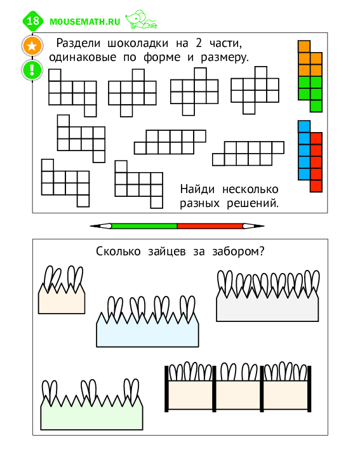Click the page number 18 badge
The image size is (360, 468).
pyautogui.click(x=33, y=21)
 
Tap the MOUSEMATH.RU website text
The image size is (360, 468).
pyautogui.click(x=85, y=22)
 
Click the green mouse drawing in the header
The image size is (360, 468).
pyautogui.click(x=141, y=20)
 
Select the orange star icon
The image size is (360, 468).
pyautogui.click(x=32, y=46)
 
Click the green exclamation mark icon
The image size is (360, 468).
pyautogui.click(x=32, y=70)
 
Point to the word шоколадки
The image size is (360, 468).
pyautogui.click(x=138, y=43)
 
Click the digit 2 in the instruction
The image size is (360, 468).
pyautogui.click(x=199, y=43)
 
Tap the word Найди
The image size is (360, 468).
pyautogui.click(x=197, y=189)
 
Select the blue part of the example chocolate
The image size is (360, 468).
pyautogui.click(x=304, y=150)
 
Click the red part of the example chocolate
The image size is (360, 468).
pyautogui.click(x=316, y=163)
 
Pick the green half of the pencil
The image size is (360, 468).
pyautogui.click(x=144, y=226)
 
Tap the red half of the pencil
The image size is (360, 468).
pyautogui.click(x=210, y=226)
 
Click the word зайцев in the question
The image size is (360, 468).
pyautogui.click(x=167, y=251)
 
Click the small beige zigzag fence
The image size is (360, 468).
pyautogui.click(x=62, y=301)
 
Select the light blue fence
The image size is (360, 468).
pyautogui.click(x=147, y=332)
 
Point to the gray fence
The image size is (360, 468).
pyautogui.click(x=267, y=307)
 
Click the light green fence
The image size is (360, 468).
pyautogui.click(x=91, y=415)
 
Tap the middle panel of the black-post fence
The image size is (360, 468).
pyautogui.click(x=238, y=395)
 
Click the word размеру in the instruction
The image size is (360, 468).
pyautogui.click(x=225, y=57)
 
